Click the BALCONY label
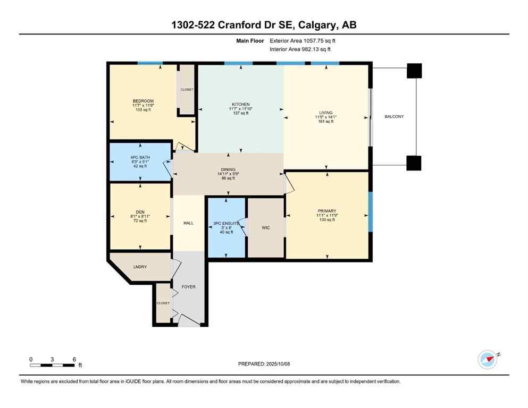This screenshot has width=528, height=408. coord(394,116)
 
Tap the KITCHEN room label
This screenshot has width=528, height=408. coord(240,104)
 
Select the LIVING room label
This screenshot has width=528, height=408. coord(325,113)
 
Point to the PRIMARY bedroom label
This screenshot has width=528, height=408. coord(326,211)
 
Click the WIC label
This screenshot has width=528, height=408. coord(266,228)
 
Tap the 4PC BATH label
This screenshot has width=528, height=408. coord(140,157)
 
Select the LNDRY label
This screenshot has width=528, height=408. coord(140,267)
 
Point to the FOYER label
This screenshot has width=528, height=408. coord(188,287)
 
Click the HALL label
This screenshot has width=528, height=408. coord(188,224)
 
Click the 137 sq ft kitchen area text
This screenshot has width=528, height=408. coord(240,113)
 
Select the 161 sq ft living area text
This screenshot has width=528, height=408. coord(325,122)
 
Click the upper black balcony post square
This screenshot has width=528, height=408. coord(414,71)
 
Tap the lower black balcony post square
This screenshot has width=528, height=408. coord(414,163)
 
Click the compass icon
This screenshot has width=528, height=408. coord(488,359)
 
